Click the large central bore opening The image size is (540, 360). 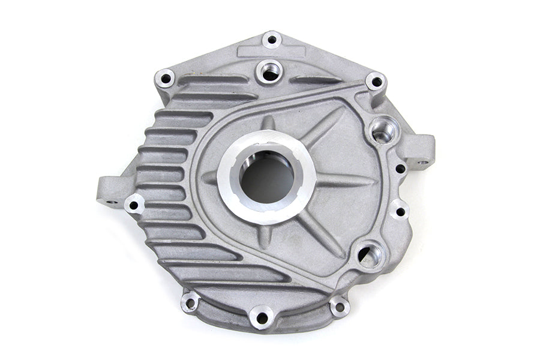pyautogui.click(x=268, y=178)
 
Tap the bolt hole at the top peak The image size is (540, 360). pyautogui.click(x=271, y=40)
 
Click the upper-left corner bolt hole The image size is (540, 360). pyautogui.click(x=164, y=77)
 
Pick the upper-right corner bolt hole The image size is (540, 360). pyautogui.click(x=375, y=81)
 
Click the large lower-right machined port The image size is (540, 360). pyautogui.click(x=370, y=255)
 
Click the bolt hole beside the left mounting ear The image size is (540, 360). pyautogui.click(x=134, y=204)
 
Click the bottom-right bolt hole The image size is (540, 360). pyautogui.click(x=340, y=307)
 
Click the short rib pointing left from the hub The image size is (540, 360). pyautogui.click(x=210, y=178)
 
